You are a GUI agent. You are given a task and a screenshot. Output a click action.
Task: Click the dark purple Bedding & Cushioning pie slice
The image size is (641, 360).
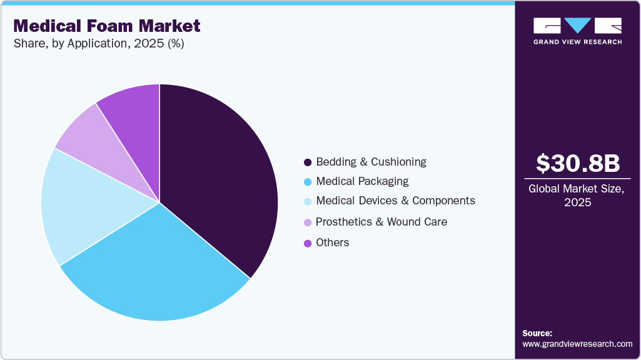(219, 175)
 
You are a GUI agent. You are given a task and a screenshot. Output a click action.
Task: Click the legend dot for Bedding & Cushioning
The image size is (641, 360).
(308, 162)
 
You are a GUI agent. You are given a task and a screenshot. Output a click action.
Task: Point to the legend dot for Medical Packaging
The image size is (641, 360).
(308, 182)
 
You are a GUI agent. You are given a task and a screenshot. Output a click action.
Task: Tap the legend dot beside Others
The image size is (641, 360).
(308, 243)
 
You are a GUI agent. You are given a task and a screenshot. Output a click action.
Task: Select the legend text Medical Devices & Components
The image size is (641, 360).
(395, 201)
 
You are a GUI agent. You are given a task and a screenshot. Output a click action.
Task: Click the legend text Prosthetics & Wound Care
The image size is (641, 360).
(381, 222)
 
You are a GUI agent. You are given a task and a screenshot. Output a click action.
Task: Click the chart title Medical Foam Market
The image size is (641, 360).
(107, 26)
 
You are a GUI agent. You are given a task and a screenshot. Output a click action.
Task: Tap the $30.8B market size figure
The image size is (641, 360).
(578, 163)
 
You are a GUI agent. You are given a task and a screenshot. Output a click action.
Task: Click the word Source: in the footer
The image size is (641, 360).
(537, 333)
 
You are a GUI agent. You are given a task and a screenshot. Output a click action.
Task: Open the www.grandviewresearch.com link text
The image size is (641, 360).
(577, 344)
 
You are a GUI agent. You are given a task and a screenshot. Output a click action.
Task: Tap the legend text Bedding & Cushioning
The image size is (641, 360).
(371, 162)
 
